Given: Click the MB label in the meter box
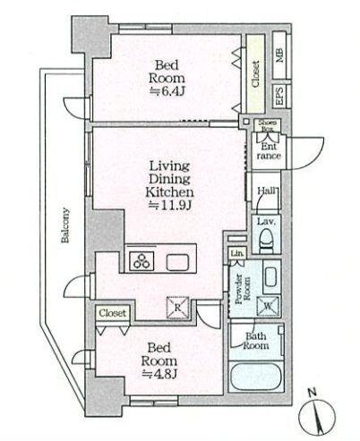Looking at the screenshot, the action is (x=279, y=55).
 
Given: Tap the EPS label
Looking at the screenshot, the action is (x=279, y=96).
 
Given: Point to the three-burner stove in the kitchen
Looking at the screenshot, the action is (x=141, y=260).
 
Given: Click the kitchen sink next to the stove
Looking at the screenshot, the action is (x=177, y=263).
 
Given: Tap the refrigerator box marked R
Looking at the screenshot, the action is (x=178, y=307).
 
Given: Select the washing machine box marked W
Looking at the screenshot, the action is (x=269, y=306).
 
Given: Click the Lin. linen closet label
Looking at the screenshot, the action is (x=237, y=253).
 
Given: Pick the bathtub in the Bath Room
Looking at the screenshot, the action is (x=256, y=377).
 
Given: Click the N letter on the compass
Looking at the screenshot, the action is (x=313, y=393).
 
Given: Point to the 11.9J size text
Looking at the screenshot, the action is (x=169, y=205).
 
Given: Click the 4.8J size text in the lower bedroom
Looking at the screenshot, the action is (x=159, y=374).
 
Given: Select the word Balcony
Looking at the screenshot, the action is (x=65, y=225).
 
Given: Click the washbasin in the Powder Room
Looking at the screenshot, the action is (x=271, y=277).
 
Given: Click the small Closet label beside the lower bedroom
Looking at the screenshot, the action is (x=113, y=313).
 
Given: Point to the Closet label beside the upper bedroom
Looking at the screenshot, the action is (x=255, y=74).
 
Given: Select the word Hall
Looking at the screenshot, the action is (x=267, y=191).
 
